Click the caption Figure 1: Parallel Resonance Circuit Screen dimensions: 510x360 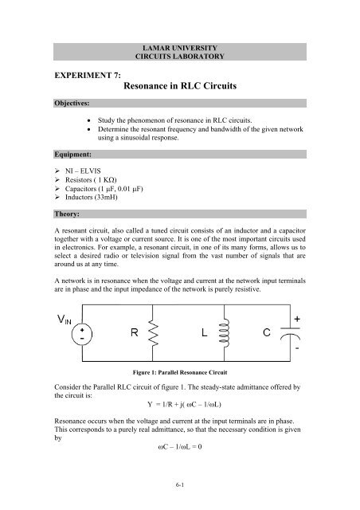[180, 371]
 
